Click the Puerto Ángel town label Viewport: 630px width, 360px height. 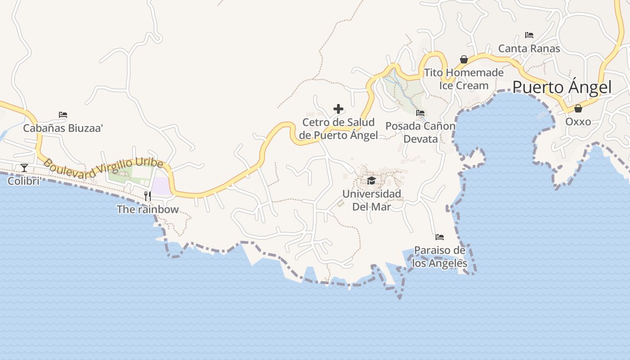point(562,87)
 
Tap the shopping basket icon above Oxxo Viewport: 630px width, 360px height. point(578,108)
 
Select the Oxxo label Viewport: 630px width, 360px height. point(578,121)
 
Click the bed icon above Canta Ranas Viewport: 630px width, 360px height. point(529,35)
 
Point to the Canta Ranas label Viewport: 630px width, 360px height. point(529,48)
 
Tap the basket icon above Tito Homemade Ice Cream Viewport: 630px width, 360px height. point(463,59)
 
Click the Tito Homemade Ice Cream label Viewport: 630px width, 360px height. point(464,79)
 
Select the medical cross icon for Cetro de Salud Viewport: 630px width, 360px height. point(338,109)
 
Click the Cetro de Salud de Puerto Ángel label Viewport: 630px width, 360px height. point(338,129)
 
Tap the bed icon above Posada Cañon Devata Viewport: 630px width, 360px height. point(420,113)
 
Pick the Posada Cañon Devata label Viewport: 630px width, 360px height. point(420,132)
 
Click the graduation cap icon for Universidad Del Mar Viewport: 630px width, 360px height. point(371,180)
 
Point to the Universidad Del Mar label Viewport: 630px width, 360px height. point(372,200)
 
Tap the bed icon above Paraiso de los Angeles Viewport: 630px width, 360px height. point(440,237)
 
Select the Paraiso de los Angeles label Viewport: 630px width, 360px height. point(440,256)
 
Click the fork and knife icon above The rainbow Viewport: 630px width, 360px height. point(148,196)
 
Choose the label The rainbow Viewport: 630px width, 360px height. point(148,209)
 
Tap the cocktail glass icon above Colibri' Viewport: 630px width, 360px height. point(24,168)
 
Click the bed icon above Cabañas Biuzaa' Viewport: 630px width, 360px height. point(63,115)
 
